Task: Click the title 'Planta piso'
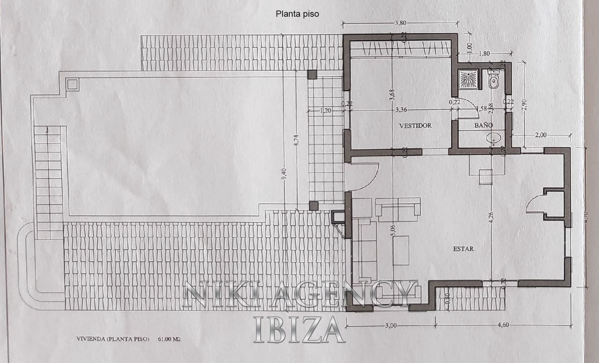297,14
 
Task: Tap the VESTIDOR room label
415,126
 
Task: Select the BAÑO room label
483,125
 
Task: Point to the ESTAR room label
463,248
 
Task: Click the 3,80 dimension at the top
400,23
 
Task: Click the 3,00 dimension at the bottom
390,325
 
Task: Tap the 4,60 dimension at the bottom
504,325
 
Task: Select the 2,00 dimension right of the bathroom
541,135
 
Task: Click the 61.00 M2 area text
169,339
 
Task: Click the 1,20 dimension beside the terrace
326,110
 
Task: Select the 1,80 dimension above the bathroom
484,54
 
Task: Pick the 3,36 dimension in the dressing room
401,110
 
